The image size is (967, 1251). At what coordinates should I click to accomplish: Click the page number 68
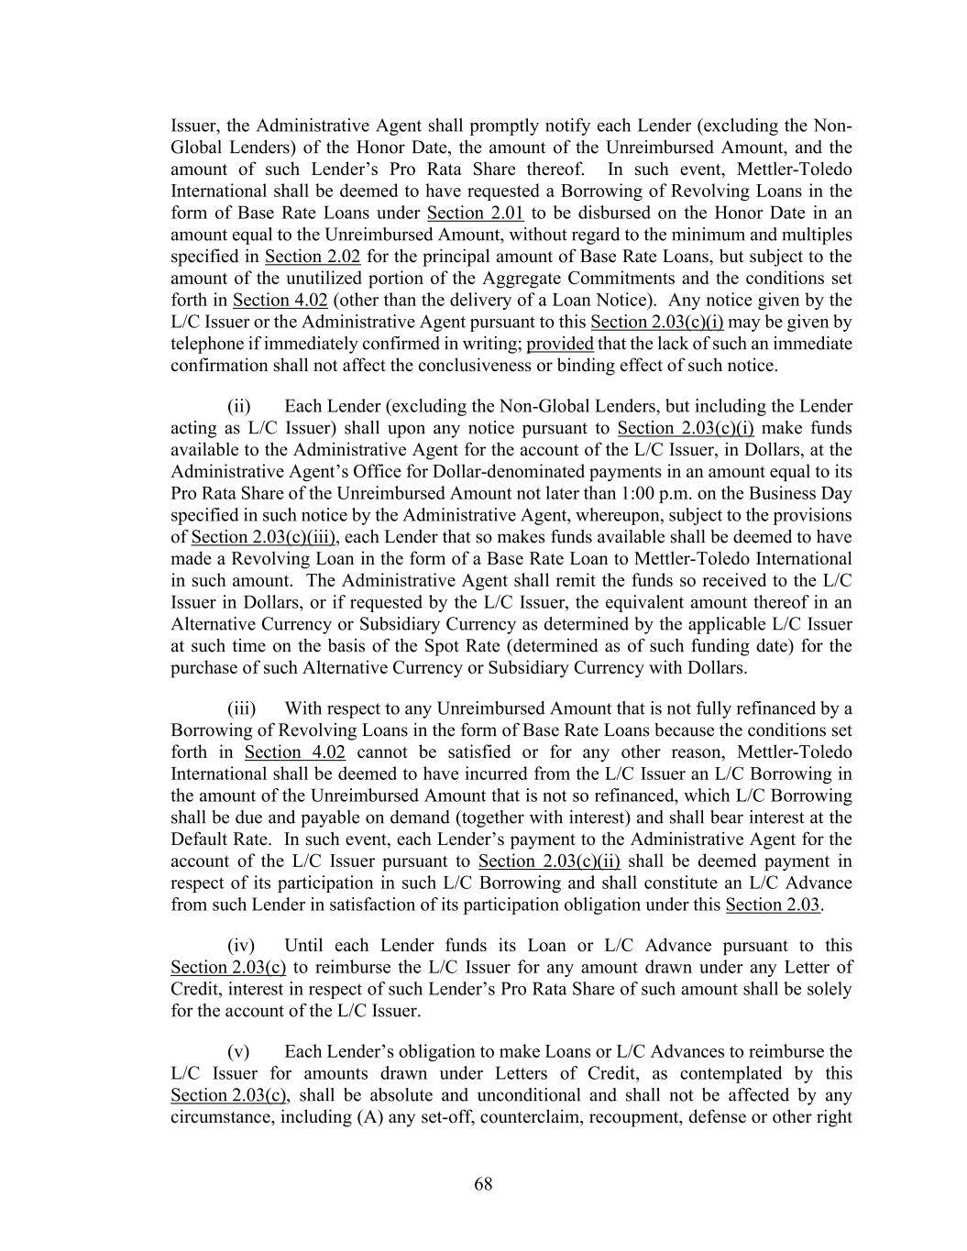coord(483,1184)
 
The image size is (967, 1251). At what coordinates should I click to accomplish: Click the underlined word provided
coord(560,345)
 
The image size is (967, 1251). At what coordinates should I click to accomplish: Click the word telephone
coord(206,345)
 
